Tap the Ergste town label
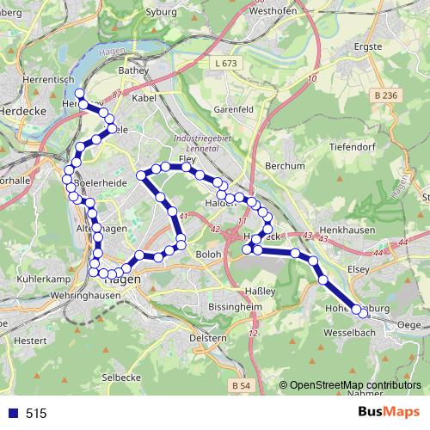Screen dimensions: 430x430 click(367, 48)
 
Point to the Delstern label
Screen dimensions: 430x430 click(207, 337)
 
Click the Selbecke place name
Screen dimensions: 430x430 click(120, 378)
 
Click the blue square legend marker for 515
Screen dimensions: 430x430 click(12, 414)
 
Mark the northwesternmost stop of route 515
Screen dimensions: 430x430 click(79, 92)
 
